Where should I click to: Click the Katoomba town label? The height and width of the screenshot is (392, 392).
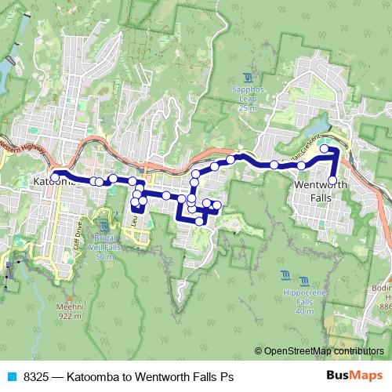click(x=53, y=181)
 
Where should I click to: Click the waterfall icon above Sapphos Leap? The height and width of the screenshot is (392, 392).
click(x=247, y=77)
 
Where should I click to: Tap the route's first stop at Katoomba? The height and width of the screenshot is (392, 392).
click(x=56, y=172)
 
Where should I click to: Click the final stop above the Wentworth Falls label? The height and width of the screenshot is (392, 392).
click(x=332, y=180)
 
